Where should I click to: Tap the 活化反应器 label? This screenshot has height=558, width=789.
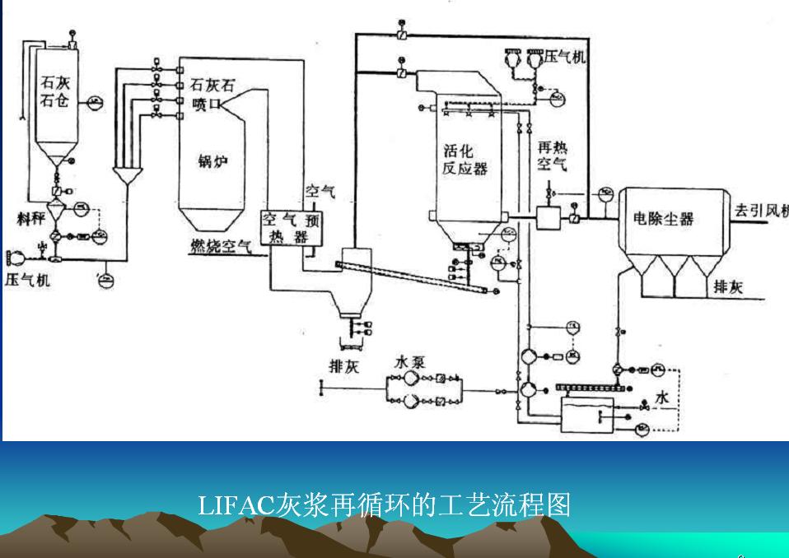pos(465,160)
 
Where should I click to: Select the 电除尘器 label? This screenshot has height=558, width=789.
pos(663,218)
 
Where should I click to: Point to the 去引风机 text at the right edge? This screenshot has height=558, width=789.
pos(760,210)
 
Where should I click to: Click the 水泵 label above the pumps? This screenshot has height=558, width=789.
pos(409,361)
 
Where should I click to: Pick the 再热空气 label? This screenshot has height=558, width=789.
pos(552,156)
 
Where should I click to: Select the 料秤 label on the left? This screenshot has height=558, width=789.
pos(31,218)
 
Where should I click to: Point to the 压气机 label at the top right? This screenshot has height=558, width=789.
pos(565,55)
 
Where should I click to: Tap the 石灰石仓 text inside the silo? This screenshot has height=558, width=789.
pos(55,91)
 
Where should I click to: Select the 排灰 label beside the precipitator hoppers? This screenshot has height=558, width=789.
pos(728,287)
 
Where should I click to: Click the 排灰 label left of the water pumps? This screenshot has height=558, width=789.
pos(344,366)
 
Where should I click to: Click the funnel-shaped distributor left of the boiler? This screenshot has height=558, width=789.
pos(126,176)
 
